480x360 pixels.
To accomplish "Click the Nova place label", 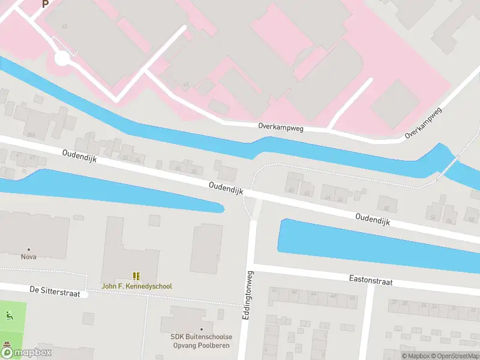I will (28, 257).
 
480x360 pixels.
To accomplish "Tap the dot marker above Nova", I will (28, 249).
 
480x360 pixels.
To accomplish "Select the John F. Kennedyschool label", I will (137, 286).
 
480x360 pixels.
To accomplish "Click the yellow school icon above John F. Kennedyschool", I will (137, 276).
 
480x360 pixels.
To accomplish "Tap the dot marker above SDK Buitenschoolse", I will (202, 329).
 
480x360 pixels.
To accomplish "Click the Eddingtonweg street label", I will (246, 295).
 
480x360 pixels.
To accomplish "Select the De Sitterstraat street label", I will (55, 292).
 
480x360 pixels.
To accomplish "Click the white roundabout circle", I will (62, 58).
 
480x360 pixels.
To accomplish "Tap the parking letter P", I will (45, 4).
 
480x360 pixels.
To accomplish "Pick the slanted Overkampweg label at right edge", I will (423, 123).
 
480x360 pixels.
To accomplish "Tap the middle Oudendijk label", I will (226, 188).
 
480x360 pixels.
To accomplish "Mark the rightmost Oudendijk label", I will (373, 220).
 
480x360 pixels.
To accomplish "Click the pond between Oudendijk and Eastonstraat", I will (372, 246).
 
